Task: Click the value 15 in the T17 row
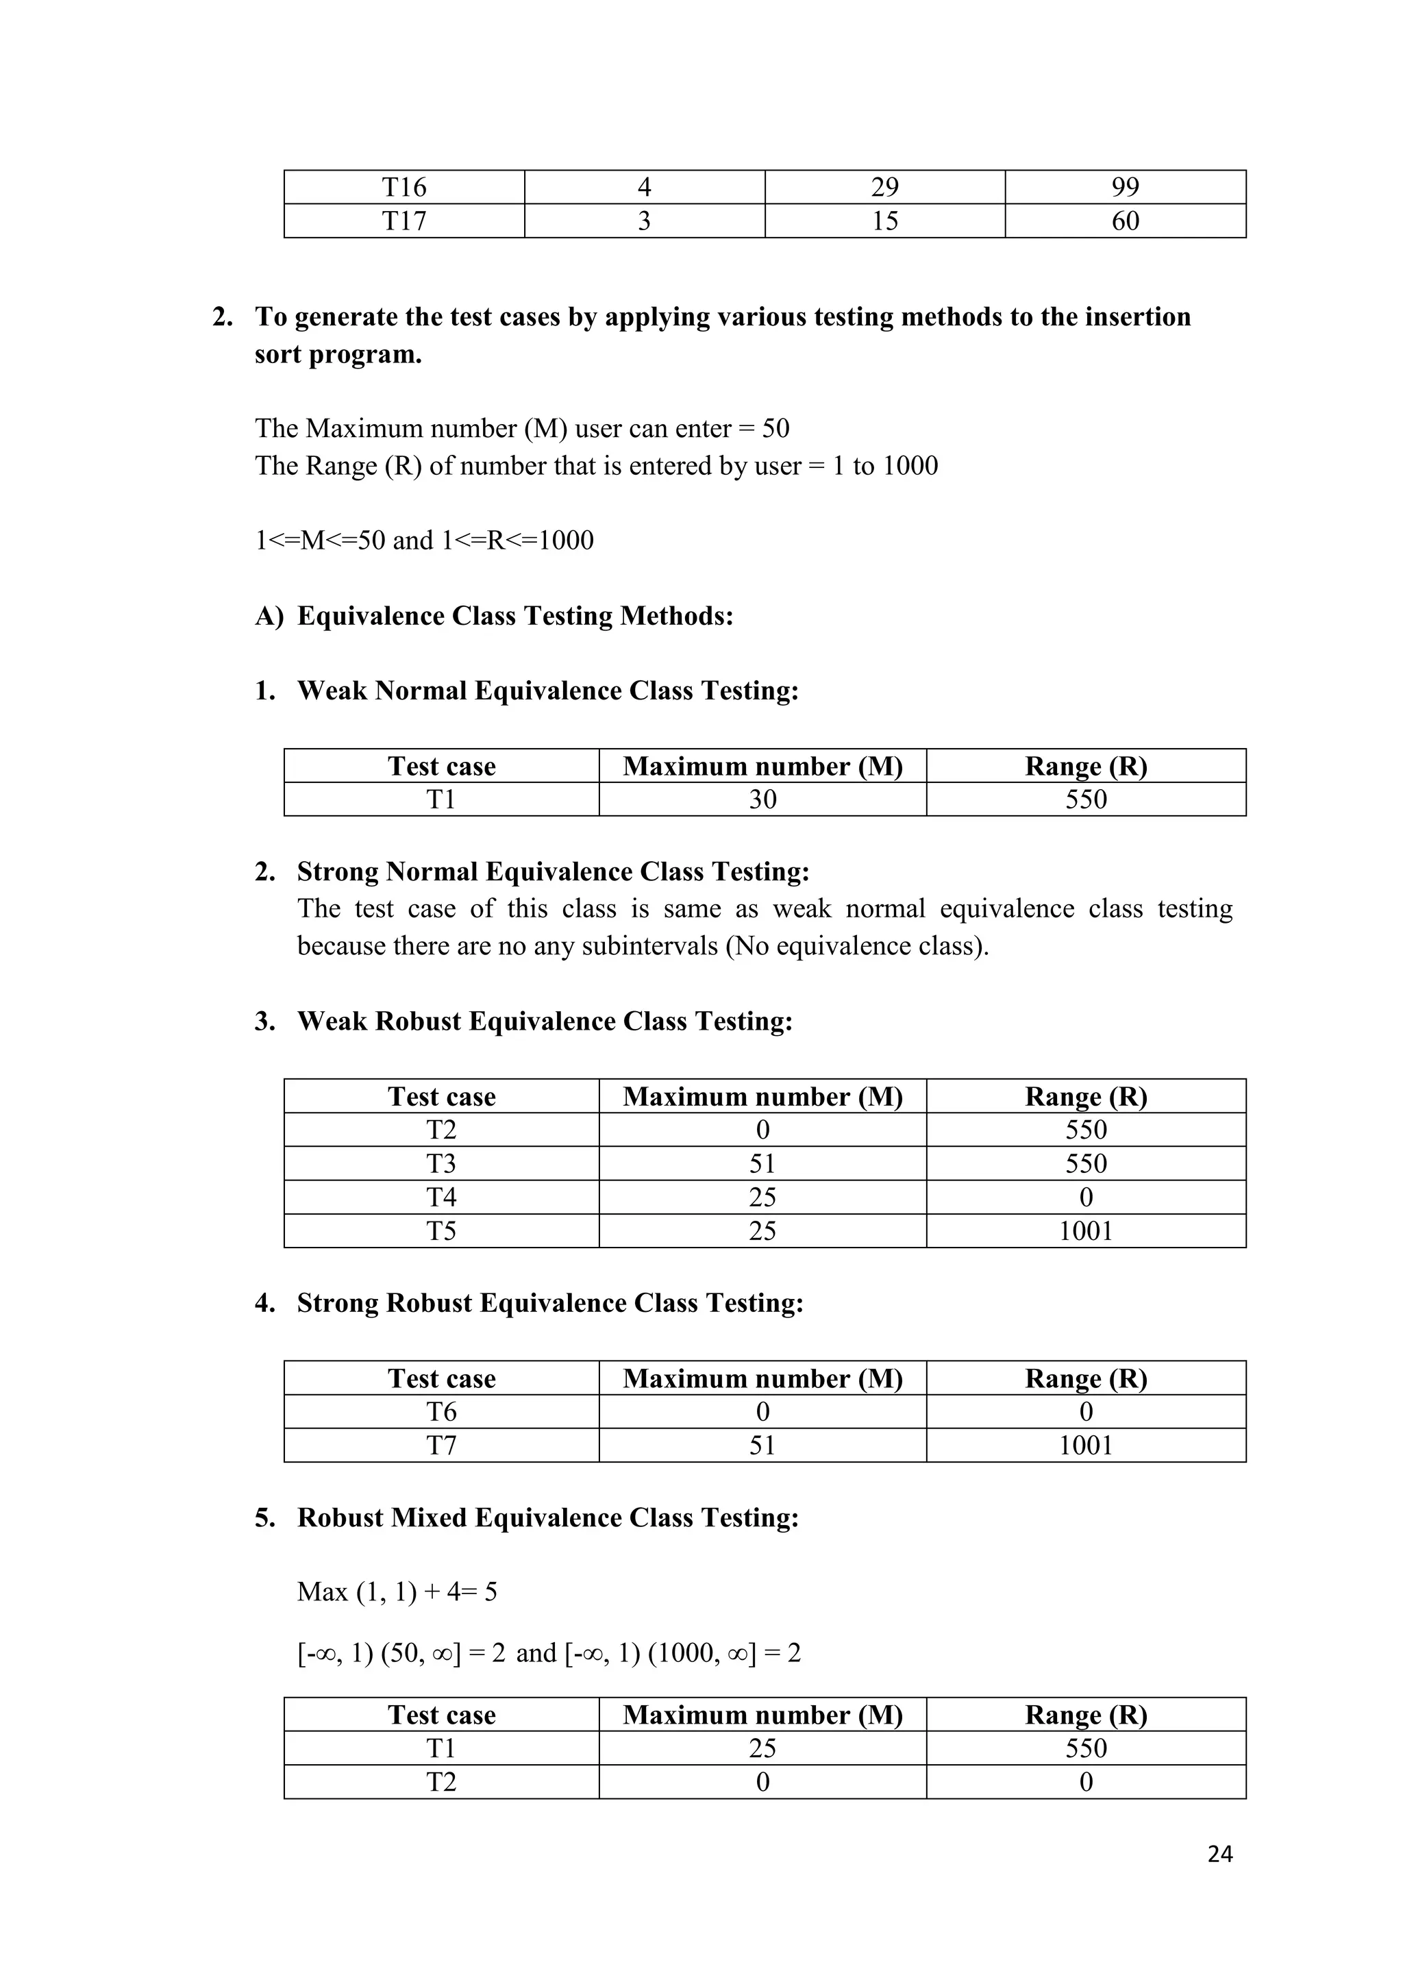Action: click(x=884, y=221)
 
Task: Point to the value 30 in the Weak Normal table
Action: click(x=762, y=799)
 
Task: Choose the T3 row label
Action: click(x=441, y=1164)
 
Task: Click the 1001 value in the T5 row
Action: click(x=1086, y=1231)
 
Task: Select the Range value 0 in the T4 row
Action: click(x=1086, y=1198)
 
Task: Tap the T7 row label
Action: click(x=441, y=1446)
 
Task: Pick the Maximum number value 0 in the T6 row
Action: click(x=762, y=1412)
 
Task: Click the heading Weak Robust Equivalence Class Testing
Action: click(x=544, y=1021)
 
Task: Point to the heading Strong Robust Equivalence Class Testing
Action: click(x=549, y=1303)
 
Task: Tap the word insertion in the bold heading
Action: click(x=1137, y=317)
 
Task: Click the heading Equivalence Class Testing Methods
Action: click(x=515, y=616)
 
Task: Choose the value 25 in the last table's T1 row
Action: click(x=762, y=1749)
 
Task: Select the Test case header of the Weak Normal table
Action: click(x=441, y=767)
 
